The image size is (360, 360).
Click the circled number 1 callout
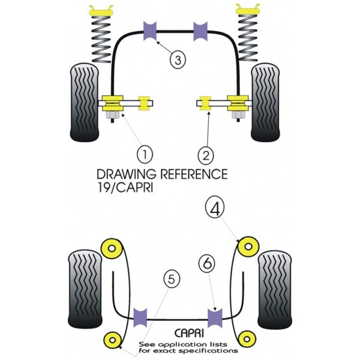145,155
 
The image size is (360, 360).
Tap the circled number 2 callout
206,155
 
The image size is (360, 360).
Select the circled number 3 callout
178,60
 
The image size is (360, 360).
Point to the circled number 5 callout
172,280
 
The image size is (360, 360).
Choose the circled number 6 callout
207,263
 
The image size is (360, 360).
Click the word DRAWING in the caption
127,174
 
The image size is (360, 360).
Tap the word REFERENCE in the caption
194,174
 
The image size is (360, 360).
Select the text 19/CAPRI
125,188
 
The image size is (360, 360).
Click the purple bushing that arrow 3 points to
150,31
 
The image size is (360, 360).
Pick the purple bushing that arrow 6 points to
215,318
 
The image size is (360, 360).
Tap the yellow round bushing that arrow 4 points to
248,247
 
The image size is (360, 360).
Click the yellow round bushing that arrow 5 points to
113,340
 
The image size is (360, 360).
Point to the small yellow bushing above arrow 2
205,103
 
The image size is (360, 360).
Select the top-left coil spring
101,39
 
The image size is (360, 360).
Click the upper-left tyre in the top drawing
84,103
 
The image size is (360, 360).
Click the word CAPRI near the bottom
189,333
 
